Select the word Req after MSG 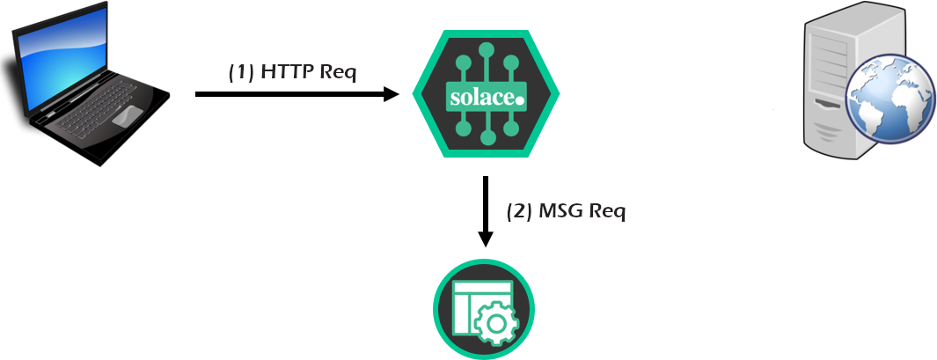pyautogui.click(x=607, y=213)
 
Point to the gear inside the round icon pyautogui.click(x=495, y=323)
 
